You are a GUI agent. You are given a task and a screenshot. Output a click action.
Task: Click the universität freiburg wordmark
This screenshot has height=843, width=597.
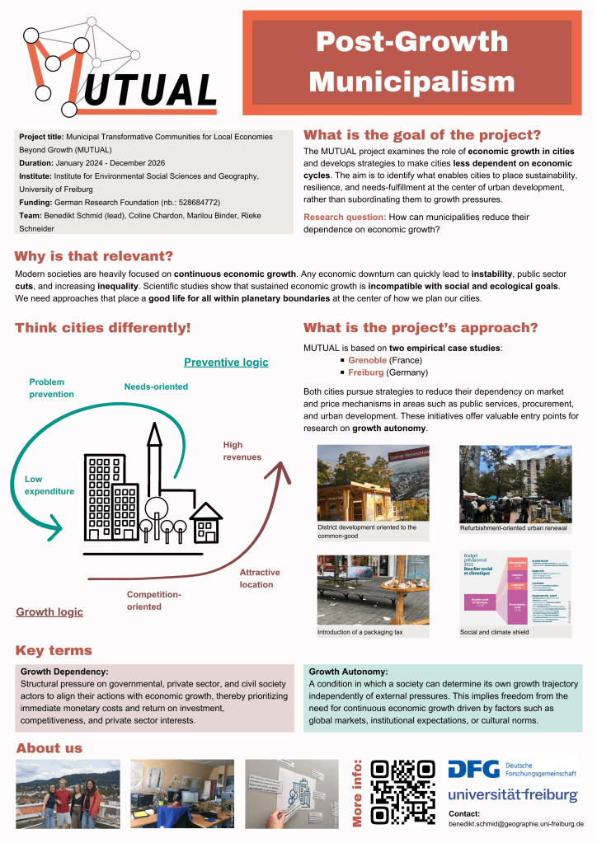pos(512,795)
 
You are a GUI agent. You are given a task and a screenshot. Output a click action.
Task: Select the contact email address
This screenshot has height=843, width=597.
pos(515,823)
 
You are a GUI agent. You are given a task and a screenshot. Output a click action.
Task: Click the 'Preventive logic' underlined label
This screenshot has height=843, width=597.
pos(226,363)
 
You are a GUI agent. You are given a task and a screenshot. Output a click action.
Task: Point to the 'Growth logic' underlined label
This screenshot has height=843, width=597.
pos(49,612)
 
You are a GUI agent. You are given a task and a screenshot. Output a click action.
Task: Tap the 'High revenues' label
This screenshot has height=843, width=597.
pos(242,451)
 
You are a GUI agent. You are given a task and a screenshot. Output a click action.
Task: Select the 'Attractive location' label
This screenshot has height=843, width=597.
pos(260,578)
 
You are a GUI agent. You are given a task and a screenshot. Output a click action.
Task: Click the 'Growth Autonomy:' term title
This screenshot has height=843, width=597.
pos(348,672)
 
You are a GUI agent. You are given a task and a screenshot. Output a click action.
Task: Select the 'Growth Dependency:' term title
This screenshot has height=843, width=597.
pos(64,672)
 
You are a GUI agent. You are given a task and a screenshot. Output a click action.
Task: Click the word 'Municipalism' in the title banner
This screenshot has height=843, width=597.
pos(411,82)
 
